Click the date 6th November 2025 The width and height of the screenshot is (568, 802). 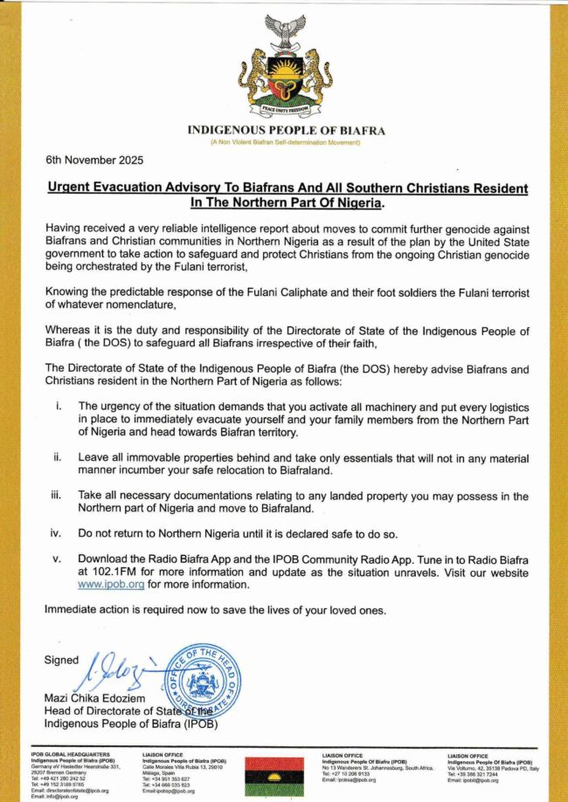click(x=94, y=161)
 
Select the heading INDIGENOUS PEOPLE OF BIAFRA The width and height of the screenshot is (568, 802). click(x=286, y=131)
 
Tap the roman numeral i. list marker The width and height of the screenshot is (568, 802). click(x=58, y=407)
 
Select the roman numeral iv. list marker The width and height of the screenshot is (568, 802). click(x=58, y=531)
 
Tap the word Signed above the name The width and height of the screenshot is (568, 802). click(x=61, y=661)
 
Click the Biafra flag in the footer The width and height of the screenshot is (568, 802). click(x=279, y=775)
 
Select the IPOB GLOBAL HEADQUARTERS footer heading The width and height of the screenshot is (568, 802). click(x=70, y=753)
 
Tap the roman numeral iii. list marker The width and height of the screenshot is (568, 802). click(x=58, y=496)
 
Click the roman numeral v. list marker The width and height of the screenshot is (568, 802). click(x=58, y=558)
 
